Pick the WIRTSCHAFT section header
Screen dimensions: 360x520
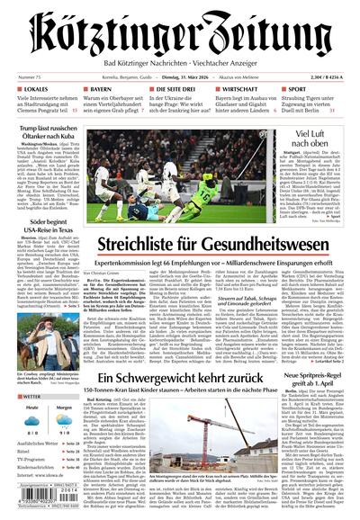(240, 91)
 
